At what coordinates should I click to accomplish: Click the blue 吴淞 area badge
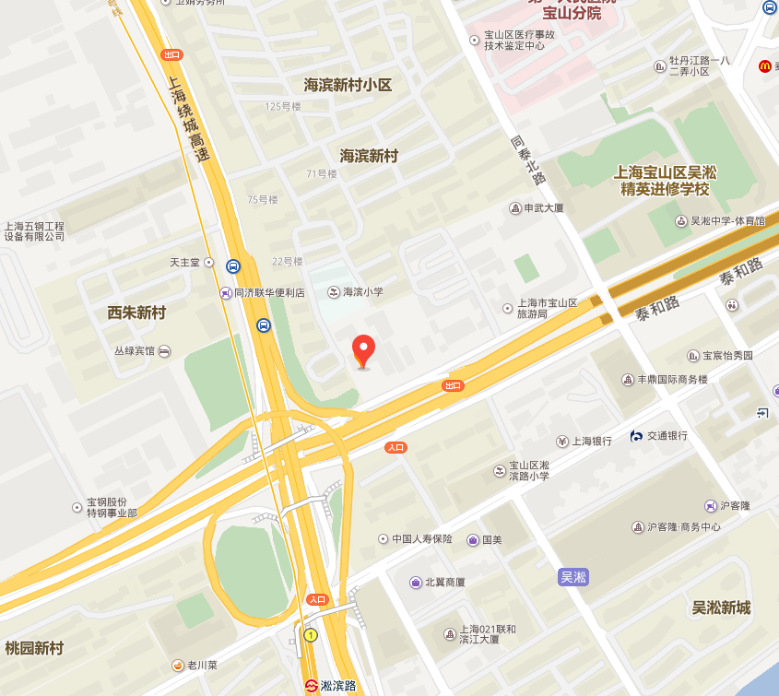(572, 577)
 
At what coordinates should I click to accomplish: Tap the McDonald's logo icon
(764, 65)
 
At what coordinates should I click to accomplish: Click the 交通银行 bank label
(666, 436)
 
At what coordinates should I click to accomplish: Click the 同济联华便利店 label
(262, 293)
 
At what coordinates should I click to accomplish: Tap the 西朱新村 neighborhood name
(136, 313)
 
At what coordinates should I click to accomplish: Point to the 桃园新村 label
(34, 648)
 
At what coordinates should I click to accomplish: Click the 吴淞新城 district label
(721, 608)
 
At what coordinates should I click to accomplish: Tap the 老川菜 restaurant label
(201, 665)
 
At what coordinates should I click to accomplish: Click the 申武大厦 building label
(542, 208)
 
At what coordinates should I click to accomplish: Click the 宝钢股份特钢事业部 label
(112, 508)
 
